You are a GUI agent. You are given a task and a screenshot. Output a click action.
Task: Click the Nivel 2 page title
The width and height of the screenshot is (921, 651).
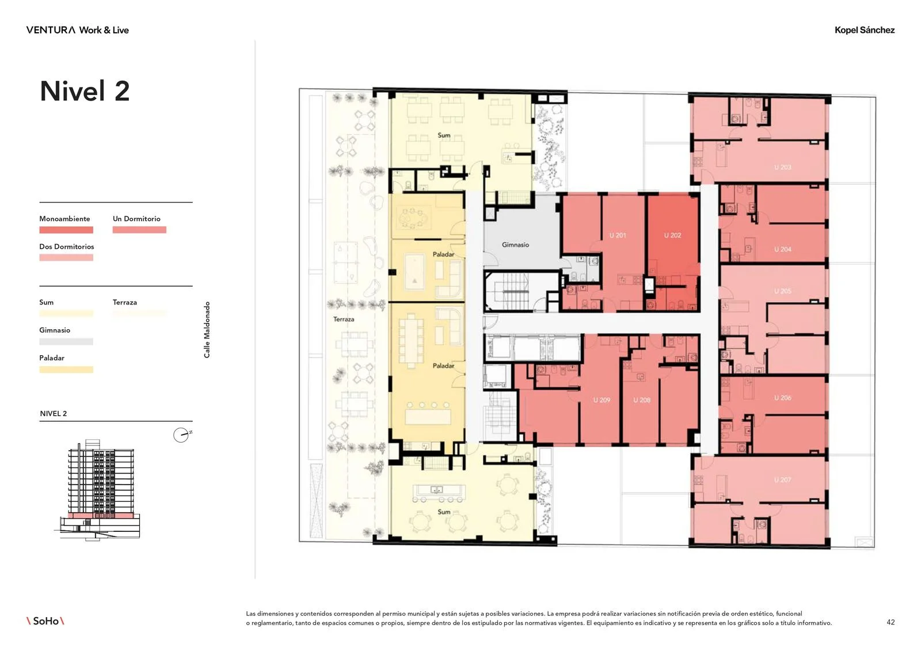[x=85, y=91]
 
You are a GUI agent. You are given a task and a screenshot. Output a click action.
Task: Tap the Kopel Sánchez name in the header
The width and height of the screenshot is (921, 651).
[x=864, y=30]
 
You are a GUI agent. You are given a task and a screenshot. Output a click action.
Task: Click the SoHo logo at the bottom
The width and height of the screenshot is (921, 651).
[x=45, y=621]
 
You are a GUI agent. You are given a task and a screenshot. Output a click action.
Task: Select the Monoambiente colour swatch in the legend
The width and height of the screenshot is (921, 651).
[x=66, y=230]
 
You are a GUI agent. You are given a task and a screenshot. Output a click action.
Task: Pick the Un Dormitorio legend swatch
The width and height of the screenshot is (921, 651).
[x=139, y=230]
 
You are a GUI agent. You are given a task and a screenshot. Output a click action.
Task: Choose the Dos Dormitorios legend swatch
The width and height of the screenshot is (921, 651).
[x=66, y=257]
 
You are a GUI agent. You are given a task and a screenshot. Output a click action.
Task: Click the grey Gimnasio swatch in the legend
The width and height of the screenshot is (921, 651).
[x=66, y=341]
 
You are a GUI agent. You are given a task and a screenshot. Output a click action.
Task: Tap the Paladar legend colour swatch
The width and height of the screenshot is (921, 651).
[x=66, y=370]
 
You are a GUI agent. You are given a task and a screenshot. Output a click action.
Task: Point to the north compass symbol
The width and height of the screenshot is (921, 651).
[x=181, y=435]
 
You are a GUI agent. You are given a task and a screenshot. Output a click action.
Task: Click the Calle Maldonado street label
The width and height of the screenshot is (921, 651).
[x=207, y=330]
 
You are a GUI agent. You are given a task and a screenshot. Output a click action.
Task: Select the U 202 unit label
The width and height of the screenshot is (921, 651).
[x=673, y=235]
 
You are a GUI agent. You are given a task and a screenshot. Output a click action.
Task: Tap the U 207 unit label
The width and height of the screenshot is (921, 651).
[x=782, y=480]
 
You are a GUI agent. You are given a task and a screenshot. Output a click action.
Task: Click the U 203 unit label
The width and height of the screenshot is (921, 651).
[x=782, y=167]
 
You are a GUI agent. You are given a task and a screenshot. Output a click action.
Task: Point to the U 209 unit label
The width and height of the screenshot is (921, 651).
[x=602, y=399]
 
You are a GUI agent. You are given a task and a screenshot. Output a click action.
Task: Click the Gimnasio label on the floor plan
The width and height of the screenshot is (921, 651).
[x=515, y=245]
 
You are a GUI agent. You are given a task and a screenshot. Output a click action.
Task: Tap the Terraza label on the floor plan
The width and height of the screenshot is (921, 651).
[x=344, y=319]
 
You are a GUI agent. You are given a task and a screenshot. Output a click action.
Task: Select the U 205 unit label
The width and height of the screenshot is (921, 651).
[x=782, y=291]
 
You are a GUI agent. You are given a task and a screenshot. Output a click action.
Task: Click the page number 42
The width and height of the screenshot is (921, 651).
[x=890, y=622]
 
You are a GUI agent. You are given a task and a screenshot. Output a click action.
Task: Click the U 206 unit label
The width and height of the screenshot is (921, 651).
[x=782, y=398]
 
